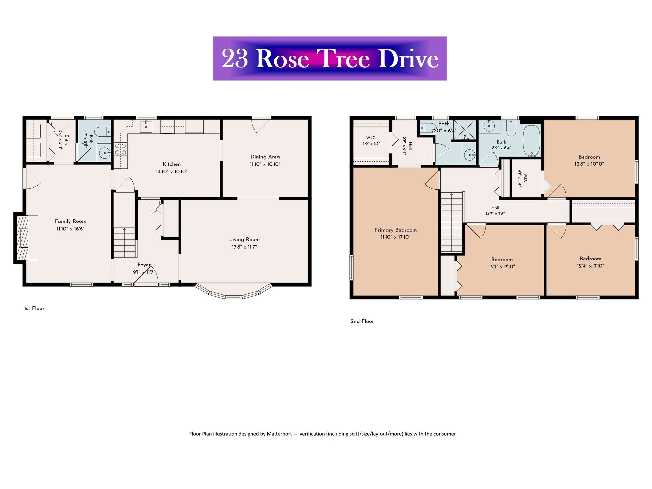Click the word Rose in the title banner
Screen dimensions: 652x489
point(282,59)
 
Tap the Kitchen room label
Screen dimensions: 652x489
point(171,164)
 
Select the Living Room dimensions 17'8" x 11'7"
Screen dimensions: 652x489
point(244,247)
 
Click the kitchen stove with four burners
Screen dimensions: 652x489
point(121,149)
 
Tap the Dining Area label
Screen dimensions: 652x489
point(265,157)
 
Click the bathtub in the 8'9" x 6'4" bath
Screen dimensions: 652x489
point(531,141)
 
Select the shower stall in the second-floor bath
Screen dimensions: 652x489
point(465,130)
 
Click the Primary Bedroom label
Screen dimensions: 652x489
point(396,230)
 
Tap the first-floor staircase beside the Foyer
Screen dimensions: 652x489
point(125,225)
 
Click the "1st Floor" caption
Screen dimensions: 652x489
point(34,308)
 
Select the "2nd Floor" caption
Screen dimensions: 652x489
point(362,321)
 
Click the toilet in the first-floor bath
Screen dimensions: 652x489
point(103,132)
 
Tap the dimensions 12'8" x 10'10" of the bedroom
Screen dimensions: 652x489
point(589,164)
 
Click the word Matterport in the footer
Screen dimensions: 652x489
point(280,434)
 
